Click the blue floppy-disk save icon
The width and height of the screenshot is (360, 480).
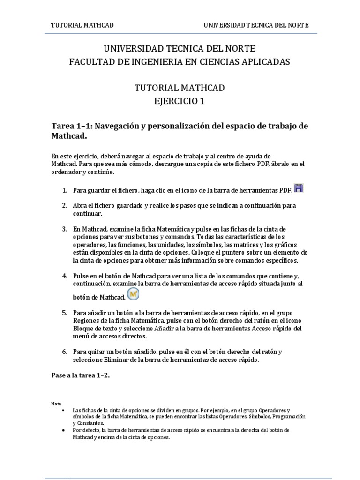(x=299, y=188)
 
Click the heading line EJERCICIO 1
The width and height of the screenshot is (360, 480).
(x=180, y=101)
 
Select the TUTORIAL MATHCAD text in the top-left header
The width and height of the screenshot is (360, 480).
(x=82, y=25)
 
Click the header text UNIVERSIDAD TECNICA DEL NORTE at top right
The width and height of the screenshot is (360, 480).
(x=256, y=25)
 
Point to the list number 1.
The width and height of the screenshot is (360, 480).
(x=64, y=190)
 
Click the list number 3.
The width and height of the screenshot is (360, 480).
(x=64, y=229)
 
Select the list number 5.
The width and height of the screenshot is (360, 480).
(x=64, y=313)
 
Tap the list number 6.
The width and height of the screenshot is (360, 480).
(x=64, y=352)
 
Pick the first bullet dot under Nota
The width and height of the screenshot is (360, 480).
(x=63, y=410)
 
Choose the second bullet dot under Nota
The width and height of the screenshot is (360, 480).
(x=63, y=430)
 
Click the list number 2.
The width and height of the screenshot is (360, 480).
(x=64, y=206)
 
